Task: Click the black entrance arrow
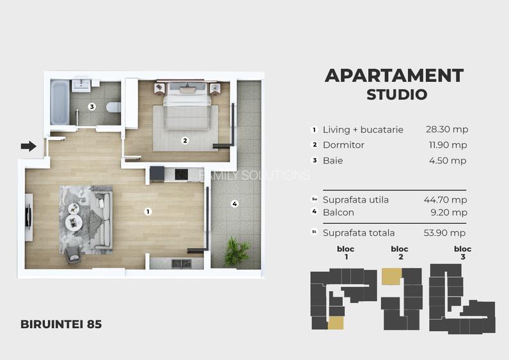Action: [x=29, y=146]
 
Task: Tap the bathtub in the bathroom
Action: [x=59, y=102]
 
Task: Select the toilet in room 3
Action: [x=114, y=107]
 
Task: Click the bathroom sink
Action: [x=81, y=85]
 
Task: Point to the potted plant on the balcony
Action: [x=236, y=251]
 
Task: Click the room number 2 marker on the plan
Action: [x=185, y=141]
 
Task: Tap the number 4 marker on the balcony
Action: [x=235, y=204]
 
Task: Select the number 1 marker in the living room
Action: [x=148, y=212]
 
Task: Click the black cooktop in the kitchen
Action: [x=181, y=175]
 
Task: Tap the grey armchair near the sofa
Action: [x=73, y=255]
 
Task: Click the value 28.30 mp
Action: [x=447, y=130]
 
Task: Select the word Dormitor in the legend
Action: [x=343, y=145]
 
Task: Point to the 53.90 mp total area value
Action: [x=444, y=233]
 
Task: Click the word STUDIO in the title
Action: [x=396, y=95]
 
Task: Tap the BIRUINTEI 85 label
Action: [x=61, y=324]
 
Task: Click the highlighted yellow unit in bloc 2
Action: [x=391, y=276]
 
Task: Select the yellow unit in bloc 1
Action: [x=336, y=324]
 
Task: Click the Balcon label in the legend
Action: [x=338, y=212]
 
